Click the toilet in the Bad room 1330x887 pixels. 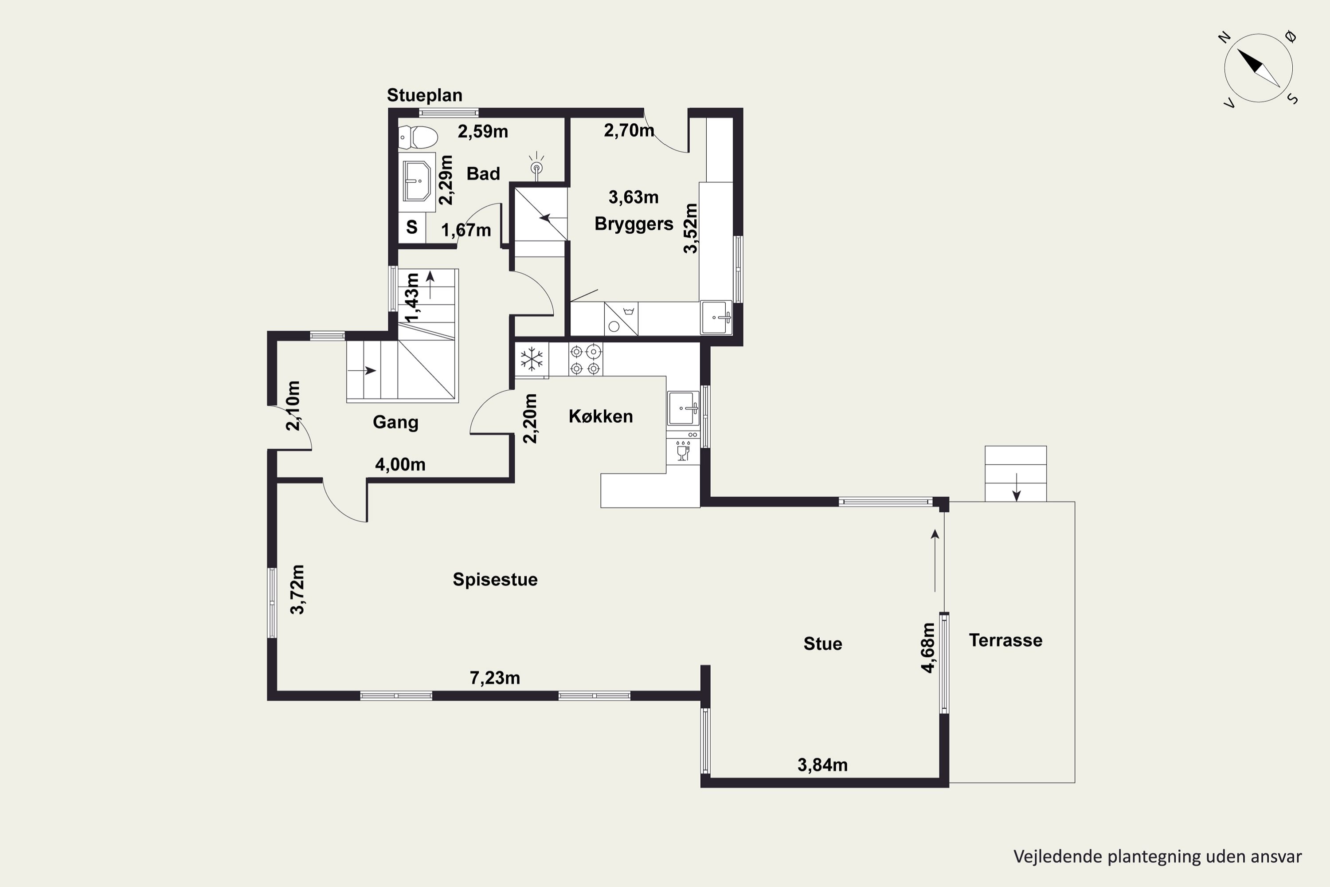[x=418, y=137]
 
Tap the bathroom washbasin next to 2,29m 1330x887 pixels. [x=417, y=181]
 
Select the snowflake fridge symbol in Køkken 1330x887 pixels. [x=532, y=359]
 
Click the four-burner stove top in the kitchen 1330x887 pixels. [x=585, y=360]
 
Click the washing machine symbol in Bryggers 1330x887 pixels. [x=621, y=318]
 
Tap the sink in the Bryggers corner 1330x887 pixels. [x=716, y=318]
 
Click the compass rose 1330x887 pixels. [x=1259, y=68]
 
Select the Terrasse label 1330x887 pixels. [x=1005, y=640]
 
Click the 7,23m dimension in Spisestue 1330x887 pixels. [x=495, y=678]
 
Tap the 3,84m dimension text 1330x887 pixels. [x=822, y=765]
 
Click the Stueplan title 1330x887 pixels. [x=425, y=95]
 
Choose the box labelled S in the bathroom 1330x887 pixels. [x=412, y=228]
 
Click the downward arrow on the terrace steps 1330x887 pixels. [x=1016, y=487]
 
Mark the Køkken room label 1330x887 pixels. [x=601, y=416]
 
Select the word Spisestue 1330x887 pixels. [x=495, y=579]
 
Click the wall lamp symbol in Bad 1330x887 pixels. [x=536, y=166]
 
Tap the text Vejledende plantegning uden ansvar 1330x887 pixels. [x=1158, y=856]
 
